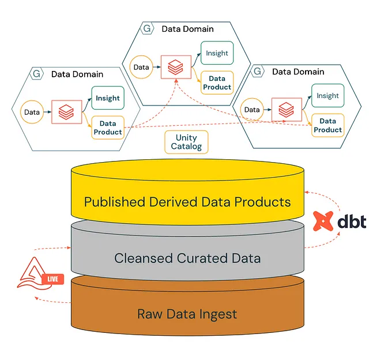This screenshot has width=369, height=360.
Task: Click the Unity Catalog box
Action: (x=186, y=142)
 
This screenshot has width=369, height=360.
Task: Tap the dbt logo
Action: (x=340, y=221)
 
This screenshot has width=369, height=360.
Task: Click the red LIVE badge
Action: (x=52, y=279)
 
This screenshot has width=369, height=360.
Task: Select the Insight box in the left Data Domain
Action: (x=108, y=97)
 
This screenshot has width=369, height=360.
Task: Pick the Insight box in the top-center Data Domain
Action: (x=217, y=53)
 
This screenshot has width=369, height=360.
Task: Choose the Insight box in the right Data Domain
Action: (x=328, y=95)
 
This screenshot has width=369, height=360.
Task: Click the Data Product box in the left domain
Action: (x=108, y=127)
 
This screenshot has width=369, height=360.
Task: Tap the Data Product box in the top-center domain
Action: (x=217, y=82)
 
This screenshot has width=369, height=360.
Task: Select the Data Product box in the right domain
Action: (x=328, y=125)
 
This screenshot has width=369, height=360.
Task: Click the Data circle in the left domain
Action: (x=32, y=112)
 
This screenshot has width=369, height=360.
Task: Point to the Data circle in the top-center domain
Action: (x=141, y=67)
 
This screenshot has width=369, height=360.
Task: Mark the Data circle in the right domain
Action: (x=252, y=110)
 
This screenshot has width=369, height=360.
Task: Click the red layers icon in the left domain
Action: (x=66, y=112)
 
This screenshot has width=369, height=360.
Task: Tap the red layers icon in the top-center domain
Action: (x=175, y=67)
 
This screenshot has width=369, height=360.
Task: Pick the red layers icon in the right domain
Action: (x=286, y=110)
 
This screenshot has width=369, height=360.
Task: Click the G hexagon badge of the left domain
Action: (x=36, y=74)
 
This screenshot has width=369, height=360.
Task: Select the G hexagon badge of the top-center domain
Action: (x=147, y=28)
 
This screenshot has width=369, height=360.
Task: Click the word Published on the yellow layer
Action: (x=115, y=202)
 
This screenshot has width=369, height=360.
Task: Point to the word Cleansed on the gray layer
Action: (x=144, y=258)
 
